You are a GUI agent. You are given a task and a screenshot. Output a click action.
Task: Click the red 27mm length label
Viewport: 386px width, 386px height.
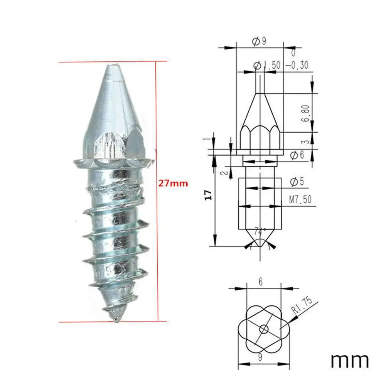tap(173, 184)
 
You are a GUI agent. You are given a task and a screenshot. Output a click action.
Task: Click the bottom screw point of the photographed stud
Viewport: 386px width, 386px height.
tap(116, 320)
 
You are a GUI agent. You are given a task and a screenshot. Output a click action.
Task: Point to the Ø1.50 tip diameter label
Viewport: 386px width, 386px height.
tap(267, 66)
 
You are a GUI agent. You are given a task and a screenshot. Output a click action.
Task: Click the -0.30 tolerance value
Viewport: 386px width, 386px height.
tap(297, 66)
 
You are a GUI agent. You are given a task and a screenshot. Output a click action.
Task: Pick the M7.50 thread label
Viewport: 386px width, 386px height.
tap(300, 199)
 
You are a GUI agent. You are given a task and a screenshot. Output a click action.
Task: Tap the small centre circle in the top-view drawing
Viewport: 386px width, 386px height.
tap(264, 329)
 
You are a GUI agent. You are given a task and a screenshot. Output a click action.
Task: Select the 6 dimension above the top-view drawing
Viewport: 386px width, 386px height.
tap(260, 282)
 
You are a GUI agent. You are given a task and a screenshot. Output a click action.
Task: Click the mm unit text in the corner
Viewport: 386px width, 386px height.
tap(349, 360)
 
